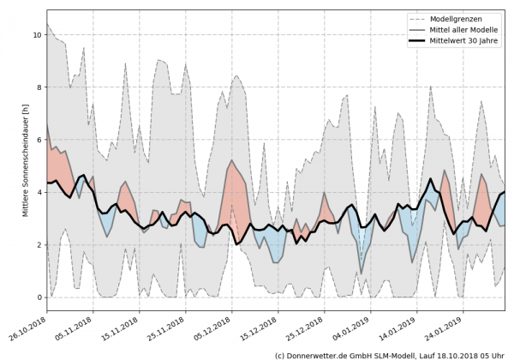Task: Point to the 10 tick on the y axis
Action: pos(36,35)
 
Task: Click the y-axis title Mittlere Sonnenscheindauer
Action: pos(27,159)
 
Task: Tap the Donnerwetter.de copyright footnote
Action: pos(390,354)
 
